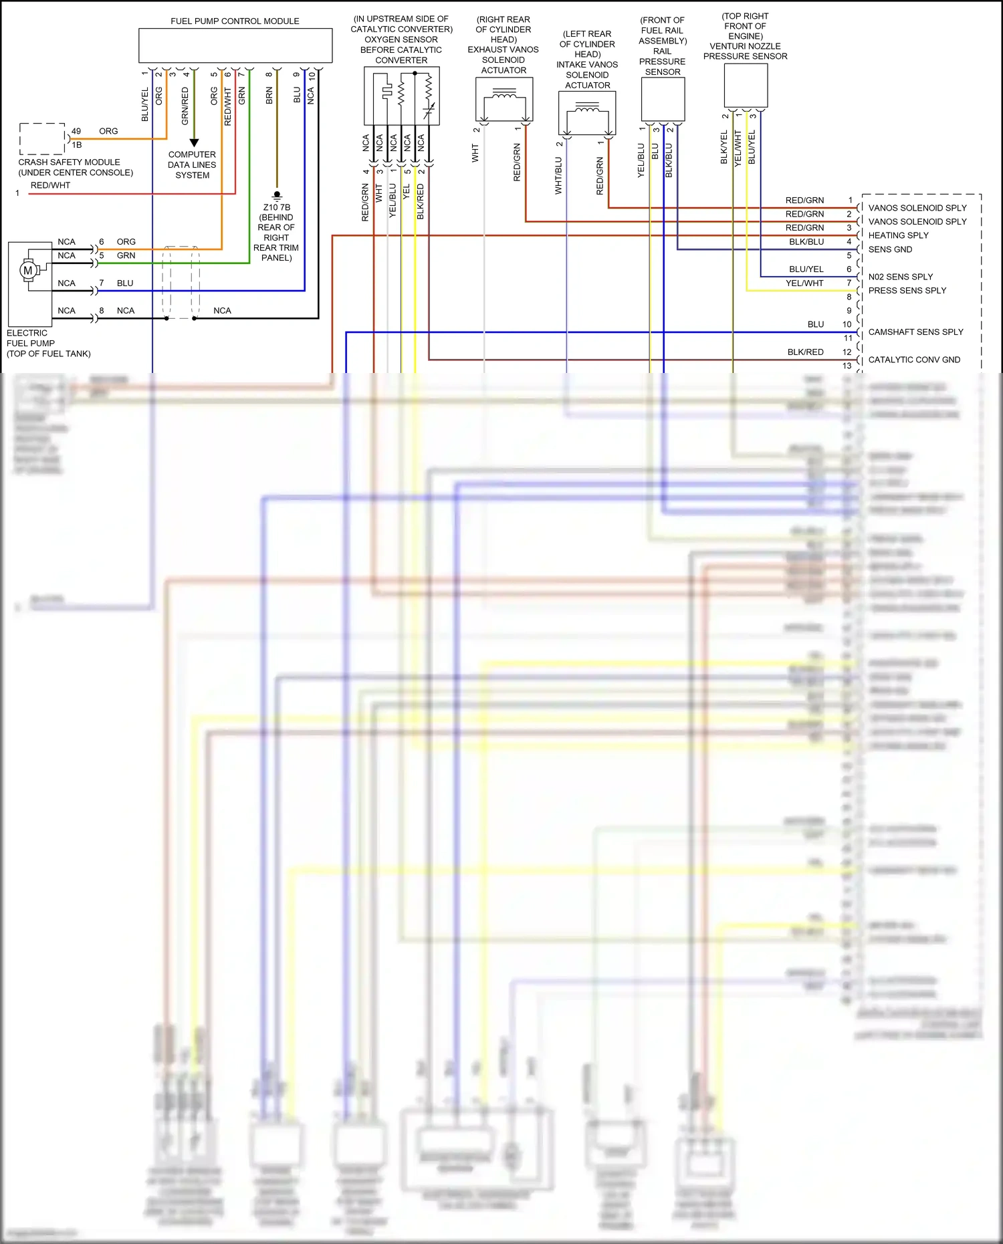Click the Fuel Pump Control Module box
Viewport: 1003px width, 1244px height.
pyautogui.click(x=235, y=46)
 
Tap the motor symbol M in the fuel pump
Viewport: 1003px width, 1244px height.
pyautogui.click(x=27, y=271)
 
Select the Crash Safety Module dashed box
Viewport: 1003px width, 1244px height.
pyautogui.click(x=42, y=138)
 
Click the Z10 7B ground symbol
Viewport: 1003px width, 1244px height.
pyautogui.click(x=277, y=196)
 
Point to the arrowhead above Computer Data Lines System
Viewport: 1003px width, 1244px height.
pyautogui.click(x=194, y=142)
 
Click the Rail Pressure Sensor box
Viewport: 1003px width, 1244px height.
pyautogui.click(x=663, y=100)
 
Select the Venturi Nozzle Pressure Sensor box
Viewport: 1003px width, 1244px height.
pyautogui.click(x=746, y=86)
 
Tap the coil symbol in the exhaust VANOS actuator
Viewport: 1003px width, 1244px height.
pyautogui.click(x=504, y=98)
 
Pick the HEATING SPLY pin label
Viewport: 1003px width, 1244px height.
pyautogui.click(x=898, y=235)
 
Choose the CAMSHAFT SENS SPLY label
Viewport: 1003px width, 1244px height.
pyautogui.click(x=915, y=332)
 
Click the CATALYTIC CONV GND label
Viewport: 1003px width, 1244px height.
pyautogui.click(x=914, y=360)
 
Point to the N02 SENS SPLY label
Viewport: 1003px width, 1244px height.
pyautogui.click(x=900, y=277)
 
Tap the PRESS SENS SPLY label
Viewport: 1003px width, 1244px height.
pyautogui.click(x=907, y=291)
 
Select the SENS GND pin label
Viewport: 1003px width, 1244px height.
pyautogui.click(x=890, y=249)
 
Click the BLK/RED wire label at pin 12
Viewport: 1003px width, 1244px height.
pyautogui.click(x=805, y=352)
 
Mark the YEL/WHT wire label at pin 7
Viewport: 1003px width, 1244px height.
pyautogui.click(x=804, y=283)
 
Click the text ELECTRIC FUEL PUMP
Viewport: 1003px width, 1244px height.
pyautogui.click(x=31, y=338)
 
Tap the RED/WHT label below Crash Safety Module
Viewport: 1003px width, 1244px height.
pyautogui.click(x=50, y=186)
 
